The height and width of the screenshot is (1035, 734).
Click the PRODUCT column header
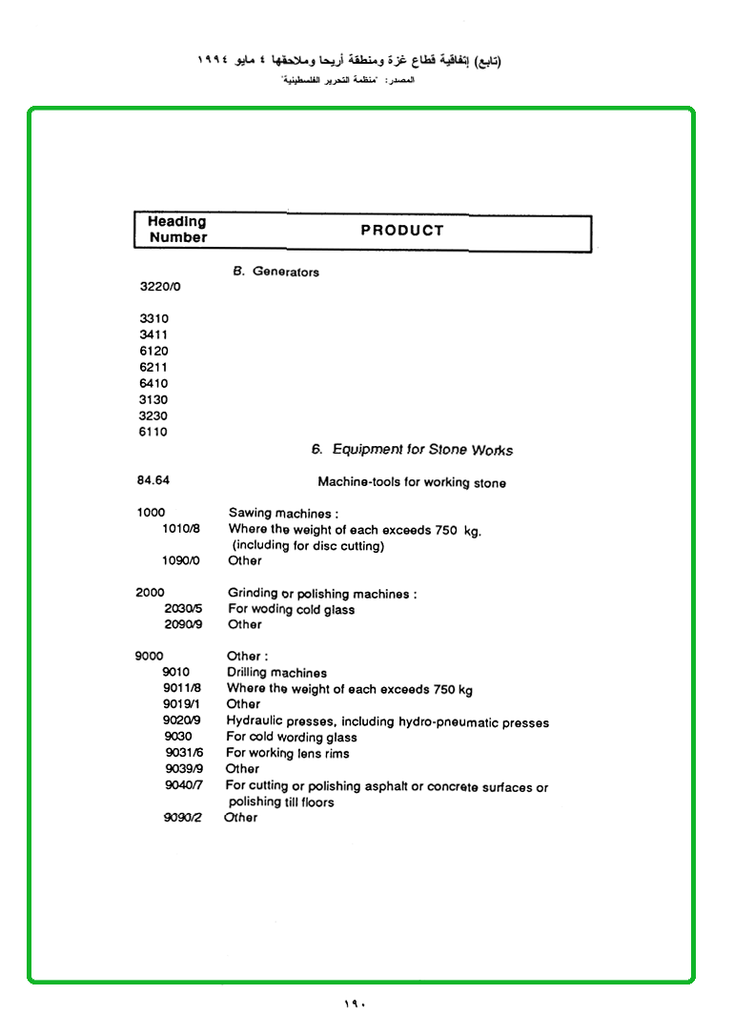[402, 231]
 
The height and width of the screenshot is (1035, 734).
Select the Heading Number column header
[177, 230]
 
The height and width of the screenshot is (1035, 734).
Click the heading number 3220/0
[160, 286]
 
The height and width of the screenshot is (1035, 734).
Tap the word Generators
[286, 273]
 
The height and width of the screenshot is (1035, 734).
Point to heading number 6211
[153, 367]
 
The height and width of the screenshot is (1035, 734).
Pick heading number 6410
[153, 383]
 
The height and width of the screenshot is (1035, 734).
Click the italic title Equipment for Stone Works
[422, 450]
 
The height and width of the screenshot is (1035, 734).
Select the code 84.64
[153, 480]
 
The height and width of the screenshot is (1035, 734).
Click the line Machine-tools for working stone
[412, 482]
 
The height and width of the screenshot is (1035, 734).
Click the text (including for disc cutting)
[308, 546]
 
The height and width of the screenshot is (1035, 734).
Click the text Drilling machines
[276, 673]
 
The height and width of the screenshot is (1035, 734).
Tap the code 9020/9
[181, 720]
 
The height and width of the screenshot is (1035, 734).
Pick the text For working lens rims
[287, 754]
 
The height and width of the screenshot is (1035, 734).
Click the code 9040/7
[183, 785]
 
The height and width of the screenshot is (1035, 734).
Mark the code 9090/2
[183, 818]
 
